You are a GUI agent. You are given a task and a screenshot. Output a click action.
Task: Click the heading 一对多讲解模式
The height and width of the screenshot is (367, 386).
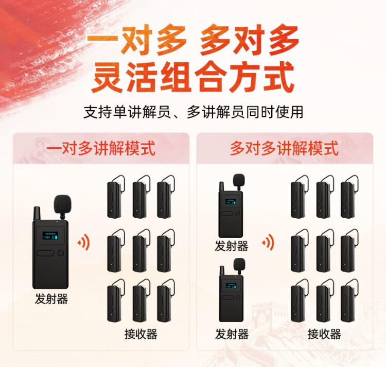(x=101, y=148)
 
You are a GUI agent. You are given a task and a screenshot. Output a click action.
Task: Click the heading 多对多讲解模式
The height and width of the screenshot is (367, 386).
(x=284, y=148)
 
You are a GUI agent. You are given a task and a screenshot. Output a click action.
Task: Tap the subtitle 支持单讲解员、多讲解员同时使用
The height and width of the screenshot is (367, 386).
(x=193, y=112)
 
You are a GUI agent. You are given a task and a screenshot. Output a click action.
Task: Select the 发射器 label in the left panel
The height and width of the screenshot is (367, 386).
(x=51, y=299)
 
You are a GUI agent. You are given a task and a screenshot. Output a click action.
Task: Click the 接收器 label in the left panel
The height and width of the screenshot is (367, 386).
(x=141, y=334)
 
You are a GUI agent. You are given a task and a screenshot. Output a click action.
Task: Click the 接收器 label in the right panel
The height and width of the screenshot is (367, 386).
(x=324, y=334)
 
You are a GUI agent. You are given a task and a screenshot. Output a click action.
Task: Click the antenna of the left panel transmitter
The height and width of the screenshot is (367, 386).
(x=37, y=214)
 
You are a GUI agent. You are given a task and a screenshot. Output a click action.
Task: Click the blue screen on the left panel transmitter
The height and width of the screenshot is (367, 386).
(x=50, y=236)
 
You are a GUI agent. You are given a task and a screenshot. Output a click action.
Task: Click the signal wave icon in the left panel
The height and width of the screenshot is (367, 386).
(x=84, y=243)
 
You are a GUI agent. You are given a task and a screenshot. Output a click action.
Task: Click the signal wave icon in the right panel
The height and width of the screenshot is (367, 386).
(x=268, y=242)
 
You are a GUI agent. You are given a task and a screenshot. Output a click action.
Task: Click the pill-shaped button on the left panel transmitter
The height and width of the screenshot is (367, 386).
(x=45, y=253)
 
